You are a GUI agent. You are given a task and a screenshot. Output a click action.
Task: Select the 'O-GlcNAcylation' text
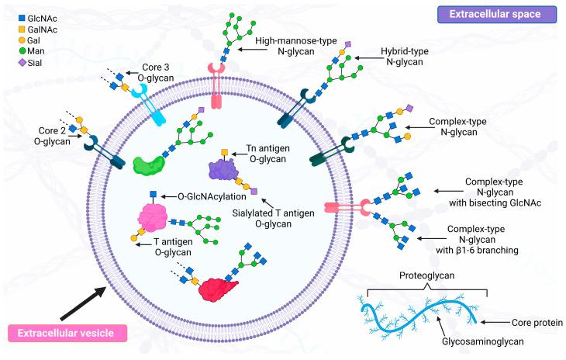coord(211,196)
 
